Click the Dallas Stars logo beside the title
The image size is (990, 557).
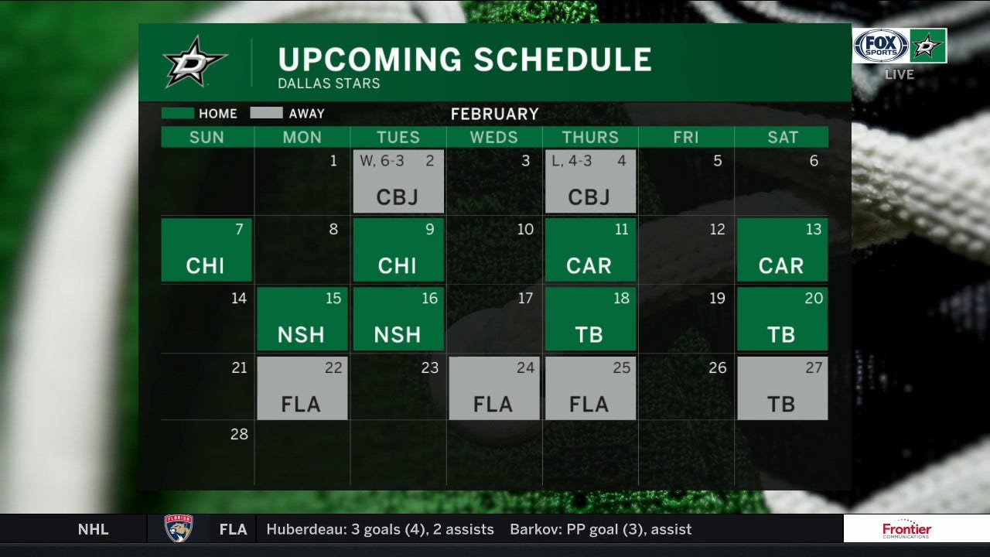[x=195, y=61]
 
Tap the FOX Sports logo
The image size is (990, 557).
[x=880, y=46]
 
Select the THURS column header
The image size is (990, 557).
[x=590, y=138]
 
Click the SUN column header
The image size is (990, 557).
[x=207, y=138]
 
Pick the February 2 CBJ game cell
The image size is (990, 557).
[x=398, y=182]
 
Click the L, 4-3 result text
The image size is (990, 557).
[x=572, y=161]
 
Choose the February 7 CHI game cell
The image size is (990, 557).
[x=207, y=250]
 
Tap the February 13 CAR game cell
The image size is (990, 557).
[x=782, y=250]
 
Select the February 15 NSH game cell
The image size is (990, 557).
[x=302, y=319]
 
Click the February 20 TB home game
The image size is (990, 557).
[x=782, y=319]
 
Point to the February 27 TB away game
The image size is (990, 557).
[x=782, y=388]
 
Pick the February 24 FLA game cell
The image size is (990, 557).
[x=494, y=388]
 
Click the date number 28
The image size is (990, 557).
[x=239, y=434]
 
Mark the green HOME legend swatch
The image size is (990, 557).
[x=177, y=114]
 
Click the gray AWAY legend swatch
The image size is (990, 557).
[x=266, y=114]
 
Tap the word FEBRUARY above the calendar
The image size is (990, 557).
[x=494, y=114]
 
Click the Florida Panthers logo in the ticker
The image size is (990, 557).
[x=179, y=529]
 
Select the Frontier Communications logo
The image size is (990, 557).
[x=906, y=530]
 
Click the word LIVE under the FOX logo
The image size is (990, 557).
[x=900, y=74]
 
